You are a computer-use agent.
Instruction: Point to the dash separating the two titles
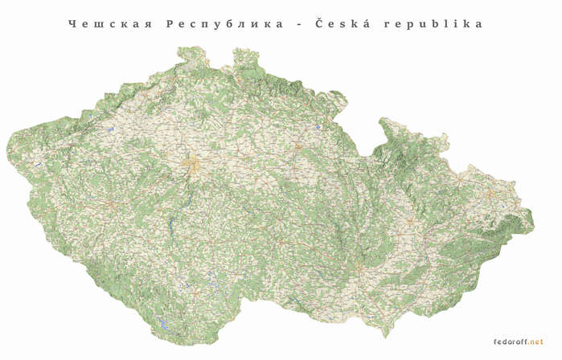[x=299, y=24]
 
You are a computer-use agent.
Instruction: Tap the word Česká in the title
[x=341, y=23]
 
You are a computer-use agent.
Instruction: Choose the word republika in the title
[x=434, y=24]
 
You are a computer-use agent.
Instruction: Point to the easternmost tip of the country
[x=533, y=215]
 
